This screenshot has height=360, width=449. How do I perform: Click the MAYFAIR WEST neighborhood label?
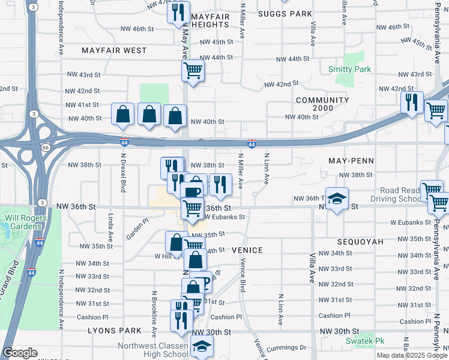pos(114,51)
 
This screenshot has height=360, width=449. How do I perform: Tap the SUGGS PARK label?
pos(285,14)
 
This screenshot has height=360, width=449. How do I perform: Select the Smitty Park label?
pos(349,70)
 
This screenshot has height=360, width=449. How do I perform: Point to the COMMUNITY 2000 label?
pos(322,105)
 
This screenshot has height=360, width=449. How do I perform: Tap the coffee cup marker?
pos(192,192)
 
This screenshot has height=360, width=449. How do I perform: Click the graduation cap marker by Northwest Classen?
pos(202,346)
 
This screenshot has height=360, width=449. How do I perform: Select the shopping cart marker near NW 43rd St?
pos(193,70)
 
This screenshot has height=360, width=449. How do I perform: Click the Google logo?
pos(20,353)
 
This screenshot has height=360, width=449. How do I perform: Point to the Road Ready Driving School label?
pos(396,194)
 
